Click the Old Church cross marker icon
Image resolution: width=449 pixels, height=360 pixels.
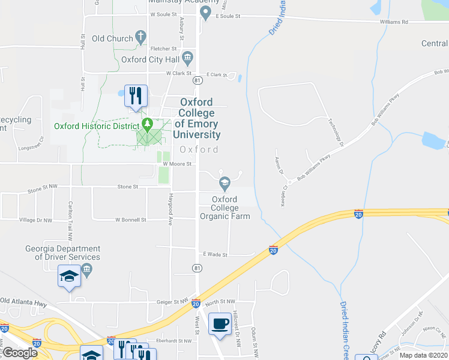141,38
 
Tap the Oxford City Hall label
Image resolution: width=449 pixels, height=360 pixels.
150,59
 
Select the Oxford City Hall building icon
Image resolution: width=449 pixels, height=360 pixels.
187,58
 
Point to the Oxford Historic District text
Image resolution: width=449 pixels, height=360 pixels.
96,126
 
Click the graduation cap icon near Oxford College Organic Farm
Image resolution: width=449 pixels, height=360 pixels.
224,182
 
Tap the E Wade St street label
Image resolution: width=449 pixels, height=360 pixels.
215,254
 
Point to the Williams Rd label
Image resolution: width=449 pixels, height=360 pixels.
394,22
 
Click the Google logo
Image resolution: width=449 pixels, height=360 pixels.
19,353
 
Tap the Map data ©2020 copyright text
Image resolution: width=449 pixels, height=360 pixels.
423,355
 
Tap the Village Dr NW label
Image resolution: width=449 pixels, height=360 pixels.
35,220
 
